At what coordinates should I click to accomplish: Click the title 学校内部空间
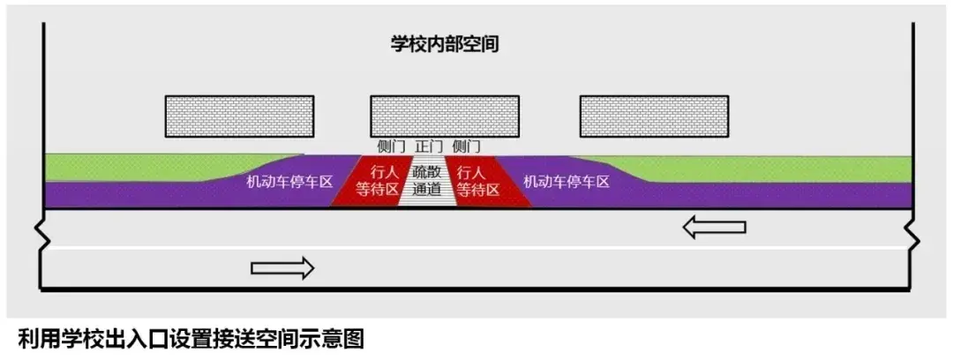tap(445, 44)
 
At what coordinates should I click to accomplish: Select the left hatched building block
tap(239, 116)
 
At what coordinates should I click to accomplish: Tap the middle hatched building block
tap(444, 116)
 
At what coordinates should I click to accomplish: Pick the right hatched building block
tap(654, 116)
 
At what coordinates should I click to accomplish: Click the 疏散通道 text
tap(427, 181)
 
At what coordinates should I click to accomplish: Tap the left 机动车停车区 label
tap(289, 183)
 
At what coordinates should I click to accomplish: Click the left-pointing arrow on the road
tap(715, 228)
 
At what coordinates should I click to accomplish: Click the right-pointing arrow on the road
tap(282, 267)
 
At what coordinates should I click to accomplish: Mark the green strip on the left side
tap(132, 166)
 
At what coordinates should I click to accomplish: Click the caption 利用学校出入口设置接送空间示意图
tap(190, 339)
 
